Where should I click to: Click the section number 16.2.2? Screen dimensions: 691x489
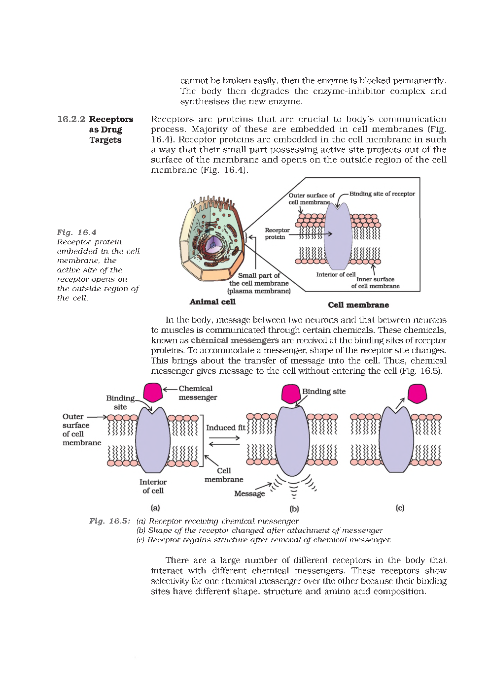coord(71,119)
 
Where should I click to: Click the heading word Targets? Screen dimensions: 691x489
coord(105,140)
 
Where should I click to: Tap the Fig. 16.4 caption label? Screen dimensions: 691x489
coord(76,232)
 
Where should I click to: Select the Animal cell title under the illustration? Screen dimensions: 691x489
coord(212,302)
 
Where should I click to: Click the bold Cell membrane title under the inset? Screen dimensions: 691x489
coord(358,305)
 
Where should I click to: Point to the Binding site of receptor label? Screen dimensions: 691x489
coord(382,194)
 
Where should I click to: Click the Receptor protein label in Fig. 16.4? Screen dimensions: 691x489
coord(277,233)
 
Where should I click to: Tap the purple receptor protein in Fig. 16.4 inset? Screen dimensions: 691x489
coord(338,236)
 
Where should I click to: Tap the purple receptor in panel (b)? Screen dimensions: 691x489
coord(292,441)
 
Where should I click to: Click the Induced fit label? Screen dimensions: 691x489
coord(225,428)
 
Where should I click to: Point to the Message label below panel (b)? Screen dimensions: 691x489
coord(249,494)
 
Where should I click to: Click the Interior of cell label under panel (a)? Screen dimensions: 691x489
coord(153,486)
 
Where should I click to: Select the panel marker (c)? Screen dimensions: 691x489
coord(400,508)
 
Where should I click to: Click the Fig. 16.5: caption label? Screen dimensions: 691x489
coord(109,521)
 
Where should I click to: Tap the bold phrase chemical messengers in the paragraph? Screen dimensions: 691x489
coord(235,340)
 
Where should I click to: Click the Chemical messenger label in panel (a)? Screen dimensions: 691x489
coord(197,393)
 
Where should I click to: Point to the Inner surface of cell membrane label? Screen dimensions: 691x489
coord(375,283)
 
